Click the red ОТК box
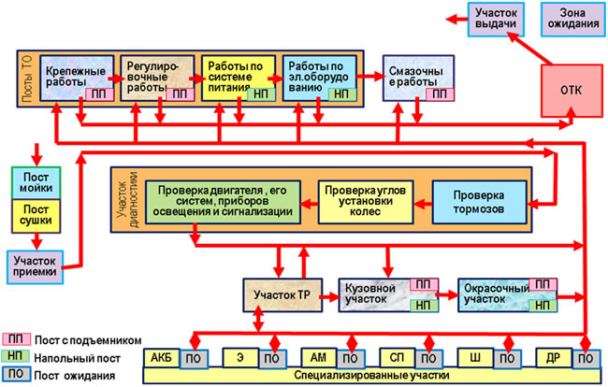tap(572, 91)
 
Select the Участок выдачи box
tap(496, 19)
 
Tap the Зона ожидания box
tap(573, 19)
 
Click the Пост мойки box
tap(36, 183)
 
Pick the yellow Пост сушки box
tap(36, 216)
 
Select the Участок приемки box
tap(35, 267)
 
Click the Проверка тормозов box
tap(479, 202)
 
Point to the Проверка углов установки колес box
tap(365, 202)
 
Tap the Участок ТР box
tap(282, 295)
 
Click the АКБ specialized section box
tap(161, 358)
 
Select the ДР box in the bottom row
tap(554, 358)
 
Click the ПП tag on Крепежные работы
tap(99, 94)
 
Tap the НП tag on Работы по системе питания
tap(261, 94)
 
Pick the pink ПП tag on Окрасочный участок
tap(543, 285)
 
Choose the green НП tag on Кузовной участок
tap(424, 306)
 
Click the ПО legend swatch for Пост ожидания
tap(16, 374)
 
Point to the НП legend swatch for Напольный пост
tap(16, 356)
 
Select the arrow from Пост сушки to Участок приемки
tap(36, 241)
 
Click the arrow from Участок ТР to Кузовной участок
tap(330, 297)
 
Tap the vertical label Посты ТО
tap(27, 79)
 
